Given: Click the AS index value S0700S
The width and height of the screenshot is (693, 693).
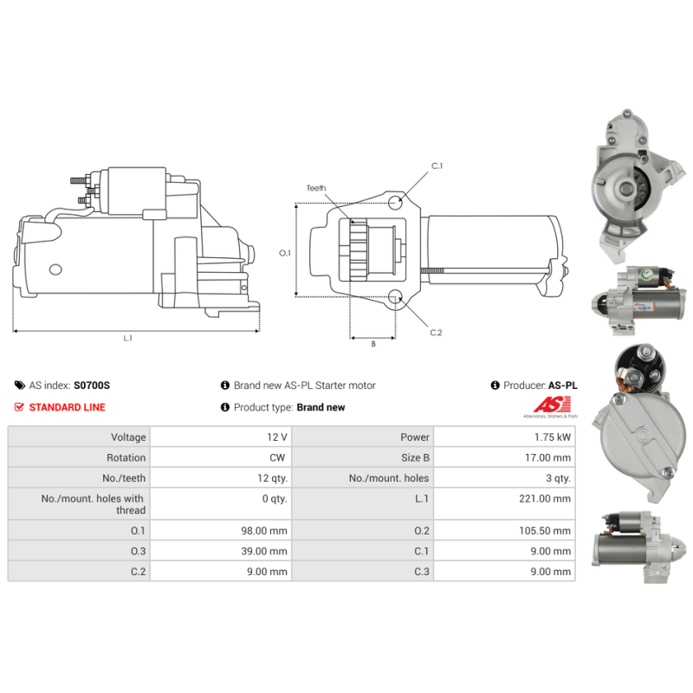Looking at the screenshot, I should point(91,385).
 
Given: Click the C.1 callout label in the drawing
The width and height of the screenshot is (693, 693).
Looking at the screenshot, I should point(437,165).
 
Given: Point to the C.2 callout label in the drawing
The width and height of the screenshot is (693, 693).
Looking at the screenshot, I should point(437,333).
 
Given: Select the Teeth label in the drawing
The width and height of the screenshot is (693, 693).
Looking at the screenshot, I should point(316,188).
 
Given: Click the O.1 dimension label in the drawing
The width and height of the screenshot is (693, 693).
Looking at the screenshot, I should point(284,253).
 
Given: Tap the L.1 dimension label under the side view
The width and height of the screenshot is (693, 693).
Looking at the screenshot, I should point(127,338).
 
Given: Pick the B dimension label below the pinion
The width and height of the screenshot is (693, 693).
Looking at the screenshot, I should point(372,344).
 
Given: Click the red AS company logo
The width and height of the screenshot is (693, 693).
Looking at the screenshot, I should point(551,405).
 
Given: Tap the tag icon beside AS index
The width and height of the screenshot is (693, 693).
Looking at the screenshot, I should point(19,385).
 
